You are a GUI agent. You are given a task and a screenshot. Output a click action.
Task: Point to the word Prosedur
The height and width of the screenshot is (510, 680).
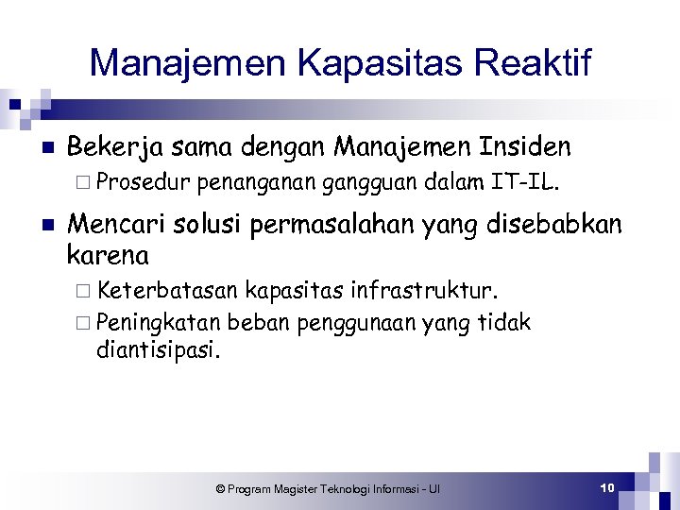144,181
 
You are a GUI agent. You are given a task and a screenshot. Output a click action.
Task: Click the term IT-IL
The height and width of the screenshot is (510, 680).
525,181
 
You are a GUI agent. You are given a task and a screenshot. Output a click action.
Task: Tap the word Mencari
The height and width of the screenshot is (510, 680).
110,225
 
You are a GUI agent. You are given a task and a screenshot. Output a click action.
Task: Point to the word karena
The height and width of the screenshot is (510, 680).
108,254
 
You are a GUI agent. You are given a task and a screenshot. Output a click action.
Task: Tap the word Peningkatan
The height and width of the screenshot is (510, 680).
158,322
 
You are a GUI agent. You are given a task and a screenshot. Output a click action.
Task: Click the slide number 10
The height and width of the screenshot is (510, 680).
607,487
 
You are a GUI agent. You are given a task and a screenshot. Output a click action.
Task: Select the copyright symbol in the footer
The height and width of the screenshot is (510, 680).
220,488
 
